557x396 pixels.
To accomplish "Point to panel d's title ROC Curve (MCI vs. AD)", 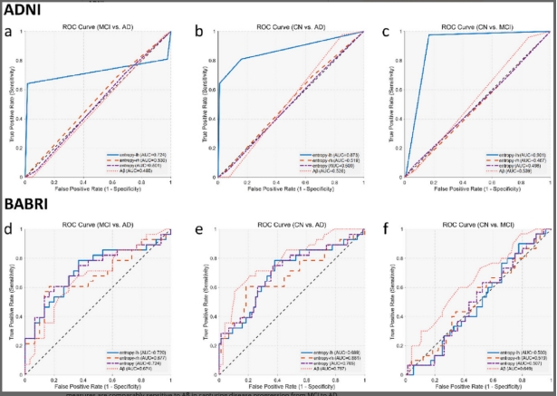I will click(x=99, y=224).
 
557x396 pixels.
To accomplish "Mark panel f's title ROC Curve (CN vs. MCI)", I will click(x=475, y=224).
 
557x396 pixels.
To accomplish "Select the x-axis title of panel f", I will click(x=475, y=388).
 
